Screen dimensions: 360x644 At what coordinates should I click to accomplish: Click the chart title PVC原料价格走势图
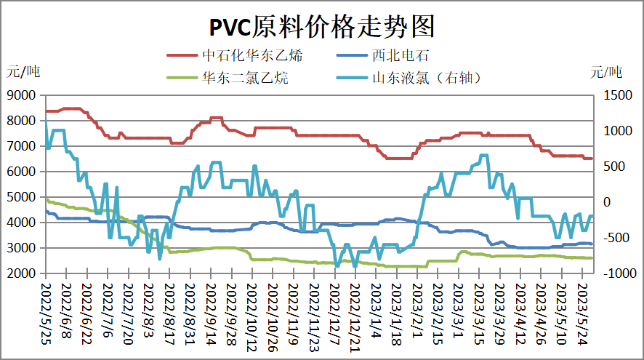coord(322,27)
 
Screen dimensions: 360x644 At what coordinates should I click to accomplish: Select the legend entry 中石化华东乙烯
coord(252,55)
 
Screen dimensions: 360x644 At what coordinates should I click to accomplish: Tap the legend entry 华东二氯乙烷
coord(246,77)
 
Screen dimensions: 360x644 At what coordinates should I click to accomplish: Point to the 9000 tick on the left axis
coord(23,95)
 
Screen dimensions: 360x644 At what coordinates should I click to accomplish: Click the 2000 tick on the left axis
coord(23,273)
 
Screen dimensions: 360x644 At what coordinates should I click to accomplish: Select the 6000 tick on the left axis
coord(23,172)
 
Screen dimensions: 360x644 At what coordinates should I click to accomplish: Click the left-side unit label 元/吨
coord(24,71)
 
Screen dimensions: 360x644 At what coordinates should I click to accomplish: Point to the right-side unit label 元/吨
coord(606,71)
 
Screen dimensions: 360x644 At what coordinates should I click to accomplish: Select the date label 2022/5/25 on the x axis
coord(45,314)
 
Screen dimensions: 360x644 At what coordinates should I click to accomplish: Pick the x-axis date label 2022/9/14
coord(210,314)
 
